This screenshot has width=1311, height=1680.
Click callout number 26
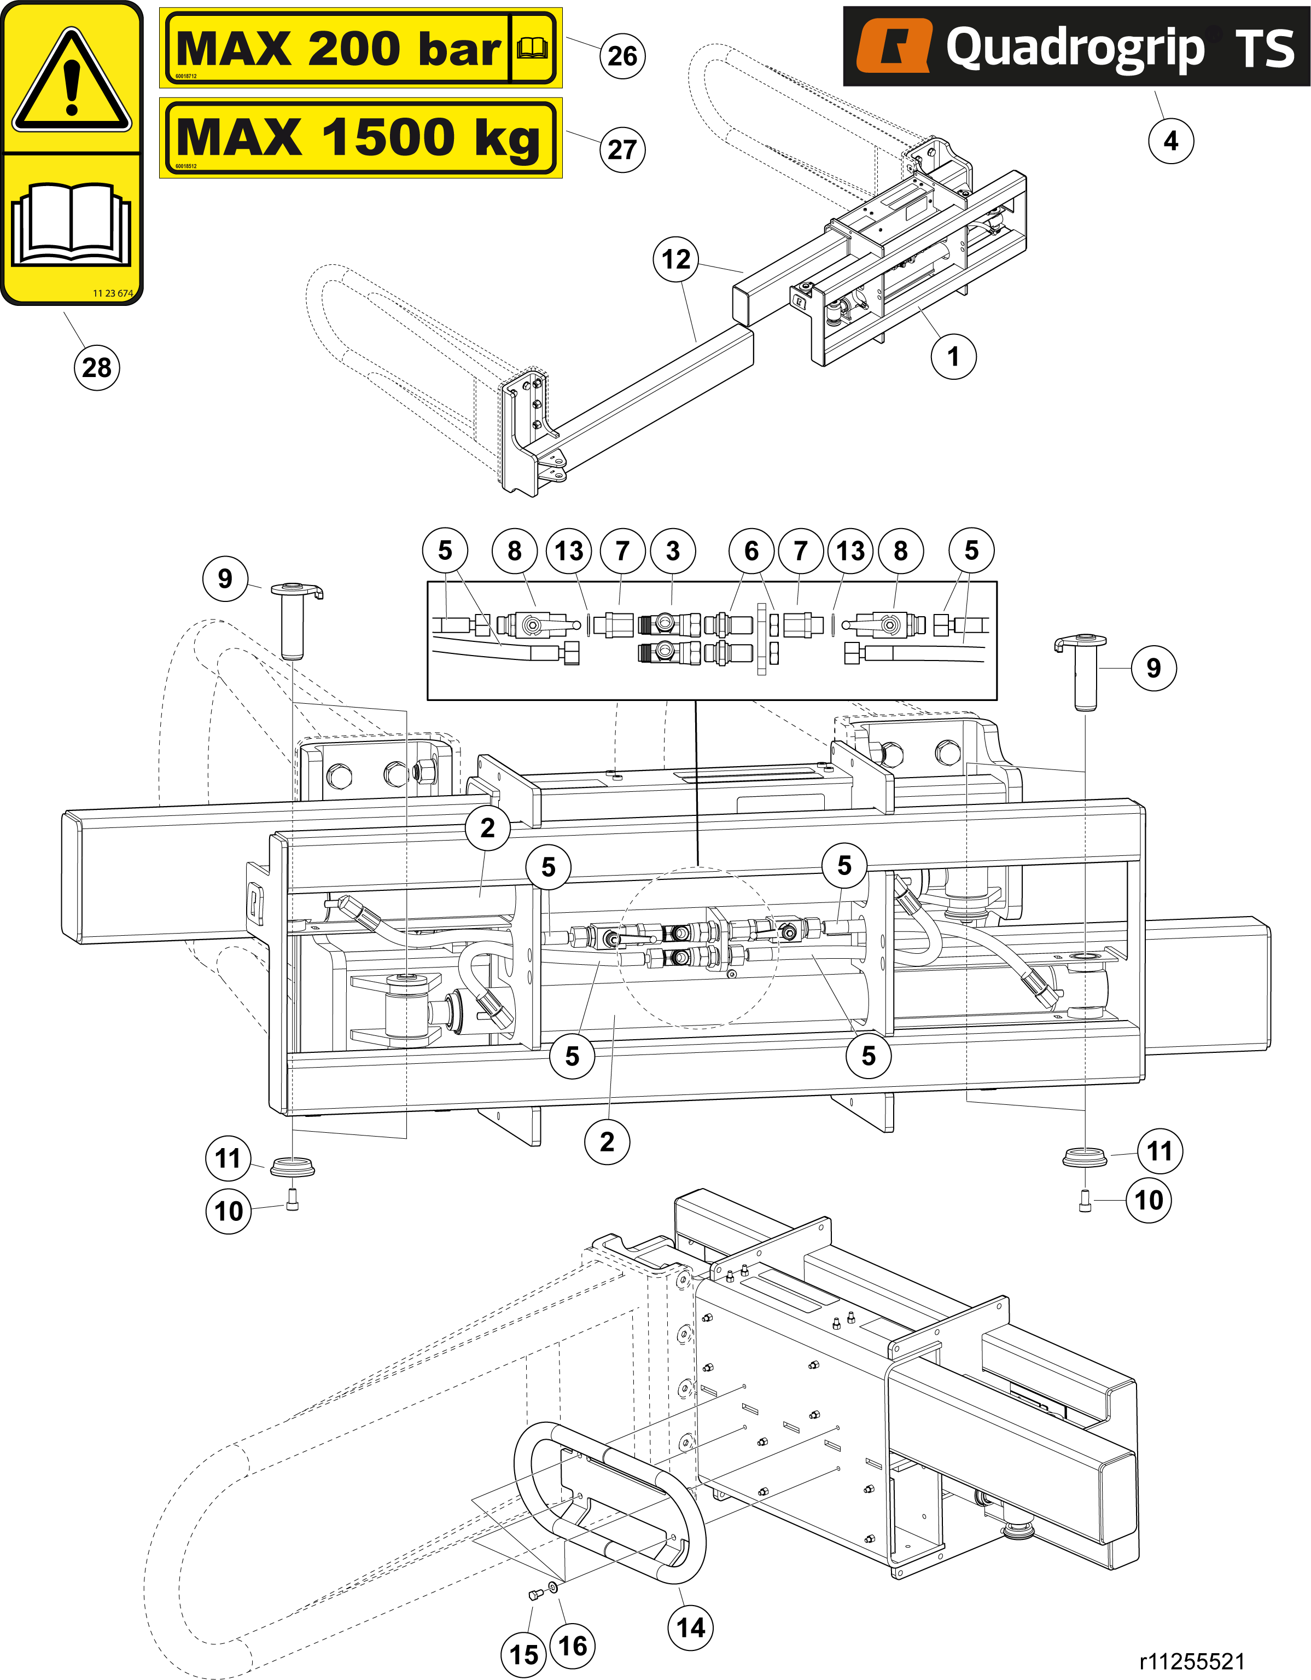coord(622,55)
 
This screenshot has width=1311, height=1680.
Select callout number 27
coord(622,149)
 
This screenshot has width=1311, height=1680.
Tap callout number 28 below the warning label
coord(97,368)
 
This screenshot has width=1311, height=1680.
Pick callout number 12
coord(676,259)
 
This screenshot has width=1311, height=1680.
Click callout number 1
coord(953,356)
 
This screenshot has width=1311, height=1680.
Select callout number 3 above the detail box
coord(673,551)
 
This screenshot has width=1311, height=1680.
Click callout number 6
coord(751,551)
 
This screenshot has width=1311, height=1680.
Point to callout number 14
coord(690,1627)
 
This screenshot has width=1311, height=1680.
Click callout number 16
coord(573,1646)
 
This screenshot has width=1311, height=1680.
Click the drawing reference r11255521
coord(1192,1661)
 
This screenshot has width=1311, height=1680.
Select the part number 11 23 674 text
coord(112,293)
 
